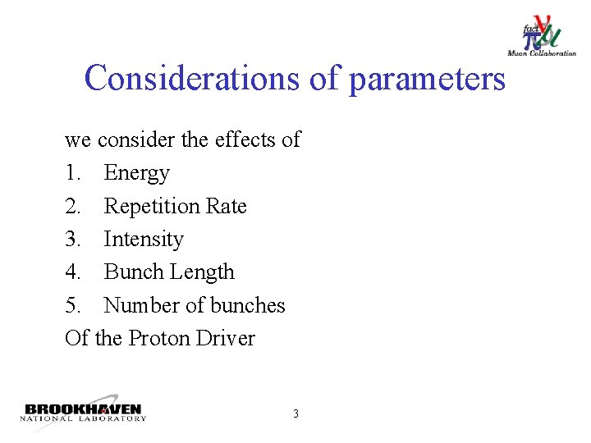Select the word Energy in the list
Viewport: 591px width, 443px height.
(136, 174)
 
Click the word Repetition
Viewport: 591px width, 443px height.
(153, 207)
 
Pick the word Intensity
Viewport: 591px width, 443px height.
(144, 240)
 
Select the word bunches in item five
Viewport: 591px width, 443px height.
(248, 305)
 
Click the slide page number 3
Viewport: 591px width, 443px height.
(295, 413)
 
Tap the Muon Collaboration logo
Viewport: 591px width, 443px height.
(541, 37)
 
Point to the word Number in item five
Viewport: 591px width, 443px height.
(142, 305)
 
